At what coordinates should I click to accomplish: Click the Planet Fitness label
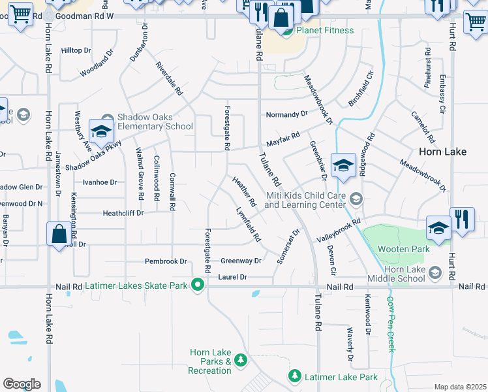pyautogui.click(x=325, y=30)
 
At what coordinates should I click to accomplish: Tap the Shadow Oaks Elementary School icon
pyautogui.click(x=101, y=131)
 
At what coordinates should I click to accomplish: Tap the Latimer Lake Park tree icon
pyautogui.click(x=295, y=376)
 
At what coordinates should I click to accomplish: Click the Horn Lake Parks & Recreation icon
pyautogui.click(x=241, y=360)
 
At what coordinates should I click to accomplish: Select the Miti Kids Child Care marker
pyautogui.click(x=356, y=197)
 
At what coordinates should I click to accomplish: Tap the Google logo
pyautogui.click(x=22, y=384)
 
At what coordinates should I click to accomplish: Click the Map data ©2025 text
pyautogui.click(x=460, y=387)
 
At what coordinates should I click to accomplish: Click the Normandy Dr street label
pyautogui.click(x=286, y=114)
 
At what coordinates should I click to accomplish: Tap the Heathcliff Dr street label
pyautogui.click(x=123, y=213)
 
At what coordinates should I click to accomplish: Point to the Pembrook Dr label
pyautogui.click(x=166, y=261)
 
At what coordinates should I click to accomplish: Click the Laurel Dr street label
pyautogui.click(x=233, y=277)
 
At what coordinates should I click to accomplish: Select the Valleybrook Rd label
pyautogui.click(x=339, y=232)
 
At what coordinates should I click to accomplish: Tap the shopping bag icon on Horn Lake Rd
pyautogui.click(x=59, y=235)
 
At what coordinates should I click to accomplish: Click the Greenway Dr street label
pyautogui.click(x=241, y=261)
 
